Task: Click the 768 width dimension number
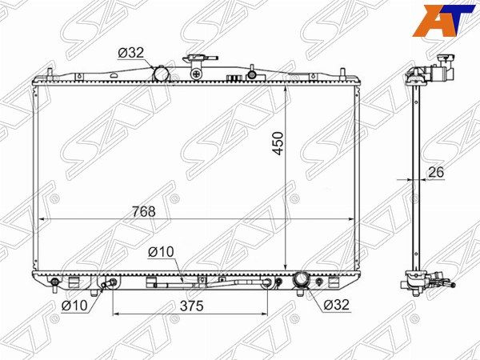tap(143, 211)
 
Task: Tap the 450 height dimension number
tap(278, 143)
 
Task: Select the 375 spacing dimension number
tap(192, 306)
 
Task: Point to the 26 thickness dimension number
tap(436, 172)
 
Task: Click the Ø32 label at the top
tap(130, 53)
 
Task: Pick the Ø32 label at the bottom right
tap(336, 305)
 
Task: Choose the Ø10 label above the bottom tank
tap(161, 252)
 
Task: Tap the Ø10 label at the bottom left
tap(74, 306)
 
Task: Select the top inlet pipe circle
tap(162, 74)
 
